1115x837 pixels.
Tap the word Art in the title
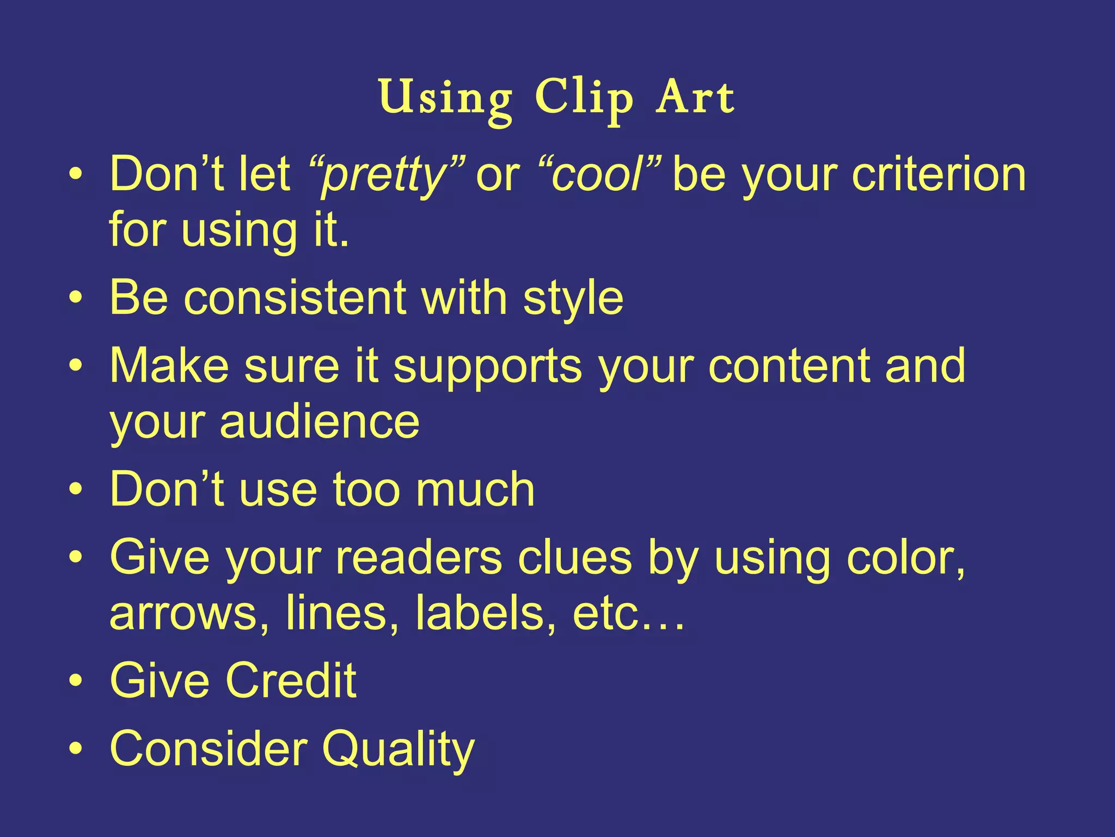pos(695,98)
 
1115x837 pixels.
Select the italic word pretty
pos(384,175)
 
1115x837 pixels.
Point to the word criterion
pos(939,175)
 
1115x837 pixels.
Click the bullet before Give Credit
pos(76,681)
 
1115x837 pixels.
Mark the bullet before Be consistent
pos(76,299)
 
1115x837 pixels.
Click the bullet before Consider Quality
pos(76,749)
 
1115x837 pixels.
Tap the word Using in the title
pos(446,99)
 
